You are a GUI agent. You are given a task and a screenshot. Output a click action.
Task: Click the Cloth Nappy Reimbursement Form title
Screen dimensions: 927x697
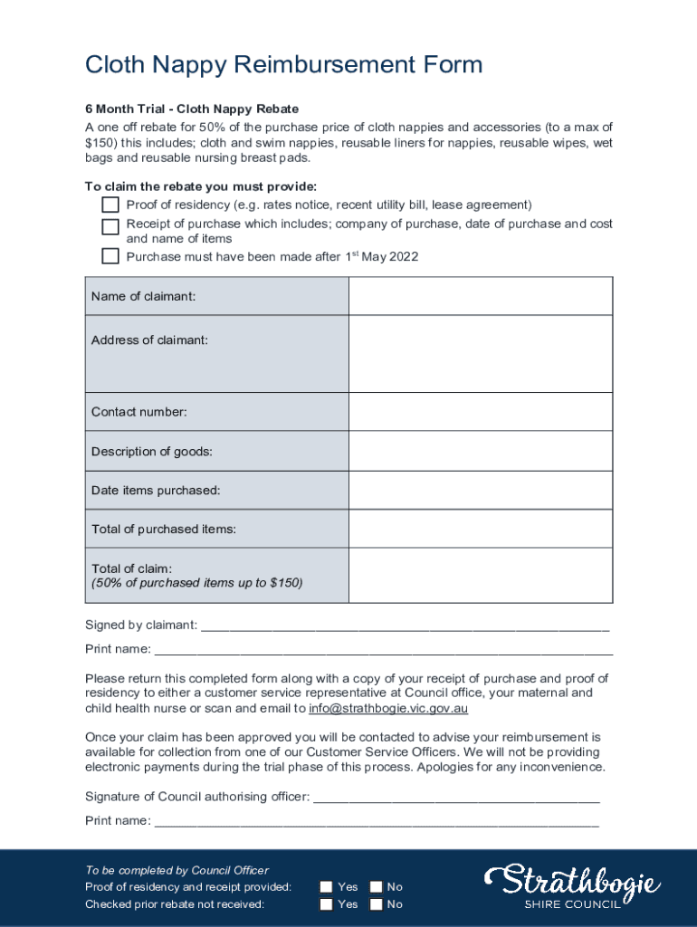pos(283,65)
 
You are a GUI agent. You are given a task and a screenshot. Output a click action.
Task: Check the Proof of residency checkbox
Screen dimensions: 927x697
pos(110,205)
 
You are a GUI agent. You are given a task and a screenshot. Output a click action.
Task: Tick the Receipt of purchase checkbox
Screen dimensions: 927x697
pos(110,226)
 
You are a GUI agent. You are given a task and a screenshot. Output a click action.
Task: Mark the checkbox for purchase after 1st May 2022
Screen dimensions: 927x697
pos(110,256)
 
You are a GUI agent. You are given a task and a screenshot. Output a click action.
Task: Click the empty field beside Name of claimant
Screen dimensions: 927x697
pos(481,296)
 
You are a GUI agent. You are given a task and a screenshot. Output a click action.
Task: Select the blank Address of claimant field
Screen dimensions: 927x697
pos(481,353)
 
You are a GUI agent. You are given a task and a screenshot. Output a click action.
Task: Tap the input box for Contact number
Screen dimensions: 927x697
pos(481,412)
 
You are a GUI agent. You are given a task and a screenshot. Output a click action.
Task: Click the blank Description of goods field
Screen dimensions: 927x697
pos(481,451)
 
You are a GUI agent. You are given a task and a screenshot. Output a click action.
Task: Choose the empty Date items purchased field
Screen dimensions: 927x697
pos(481,490)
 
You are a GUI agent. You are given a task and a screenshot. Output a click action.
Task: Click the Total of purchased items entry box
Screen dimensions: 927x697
pos(481,529)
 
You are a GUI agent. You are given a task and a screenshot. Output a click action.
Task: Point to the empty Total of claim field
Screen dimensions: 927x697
pos(481,575)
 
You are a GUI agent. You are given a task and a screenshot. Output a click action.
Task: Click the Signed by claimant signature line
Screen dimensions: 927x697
pos(405,626)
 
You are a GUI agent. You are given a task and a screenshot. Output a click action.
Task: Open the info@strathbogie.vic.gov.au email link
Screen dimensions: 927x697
pos(388,709)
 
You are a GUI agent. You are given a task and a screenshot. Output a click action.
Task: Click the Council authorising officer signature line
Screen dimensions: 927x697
pos(455,798)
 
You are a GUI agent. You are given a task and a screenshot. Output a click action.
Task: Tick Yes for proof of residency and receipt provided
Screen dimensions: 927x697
pos(326,887)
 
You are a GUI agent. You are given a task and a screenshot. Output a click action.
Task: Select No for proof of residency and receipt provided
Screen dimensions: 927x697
pos(376,887)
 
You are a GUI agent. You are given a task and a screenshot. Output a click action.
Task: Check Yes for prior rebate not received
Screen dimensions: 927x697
pos(326,904)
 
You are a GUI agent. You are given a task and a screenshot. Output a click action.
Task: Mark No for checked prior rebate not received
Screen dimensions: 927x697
pos(376,904)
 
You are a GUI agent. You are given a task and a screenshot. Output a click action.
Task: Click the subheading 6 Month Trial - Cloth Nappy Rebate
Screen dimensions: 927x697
pos(192,109)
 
